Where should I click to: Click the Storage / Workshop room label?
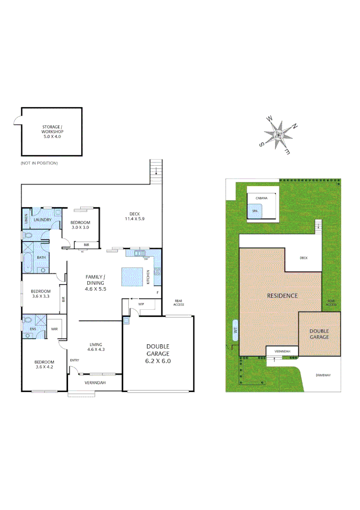click(x=52, y=131)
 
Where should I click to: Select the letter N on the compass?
click(x=294, y=126)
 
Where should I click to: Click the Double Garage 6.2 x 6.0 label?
click(x=158, y=353)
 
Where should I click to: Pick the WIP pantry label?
click(x=141, y=305)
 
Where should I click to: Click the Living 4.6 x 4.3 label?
click(x=95, y=347)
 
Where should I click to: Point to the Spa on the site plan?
click(x=255, y=211)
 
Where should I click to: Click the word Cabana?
click(x=262, y=198)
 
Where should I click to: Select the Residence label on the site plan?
click(x=282, y=296)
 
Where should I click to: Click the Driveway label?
click(x=323, y=375)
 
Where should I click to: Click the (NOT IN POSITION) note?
click(x=39, y=163)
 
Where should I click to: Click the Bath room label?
click(x=42, y=257)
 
